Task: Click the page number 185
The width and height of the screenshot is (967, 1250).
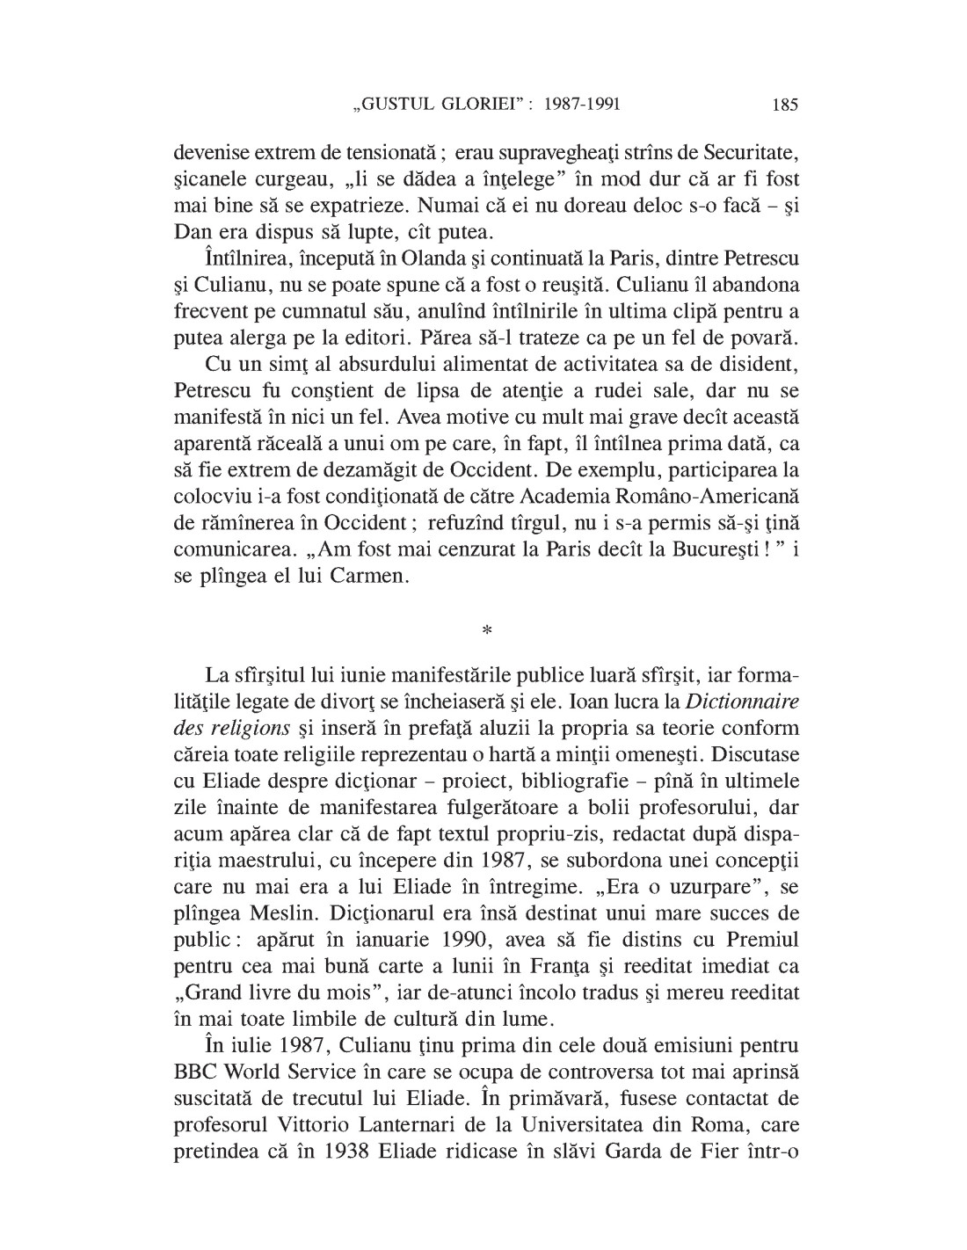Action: point(784,105)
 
